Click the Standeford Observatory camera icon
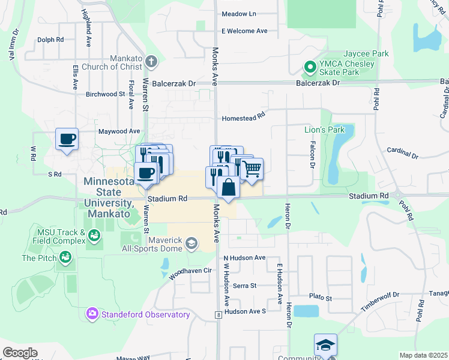(92, 314)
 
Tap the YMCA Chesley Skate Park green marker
(310, 68)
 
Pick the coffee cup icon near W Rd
(67, 139)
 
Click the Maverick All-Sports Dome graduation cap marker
(191, 242)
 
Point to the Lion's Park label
(324, 130)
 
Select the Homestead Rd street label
(243, 118)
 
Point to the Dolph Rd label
(50, 40)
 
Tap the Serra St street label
(244, 286)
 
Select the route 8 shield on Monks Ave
(218, 315)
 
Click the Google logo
(20, 353)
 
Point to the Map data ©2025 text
(424, 355)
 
